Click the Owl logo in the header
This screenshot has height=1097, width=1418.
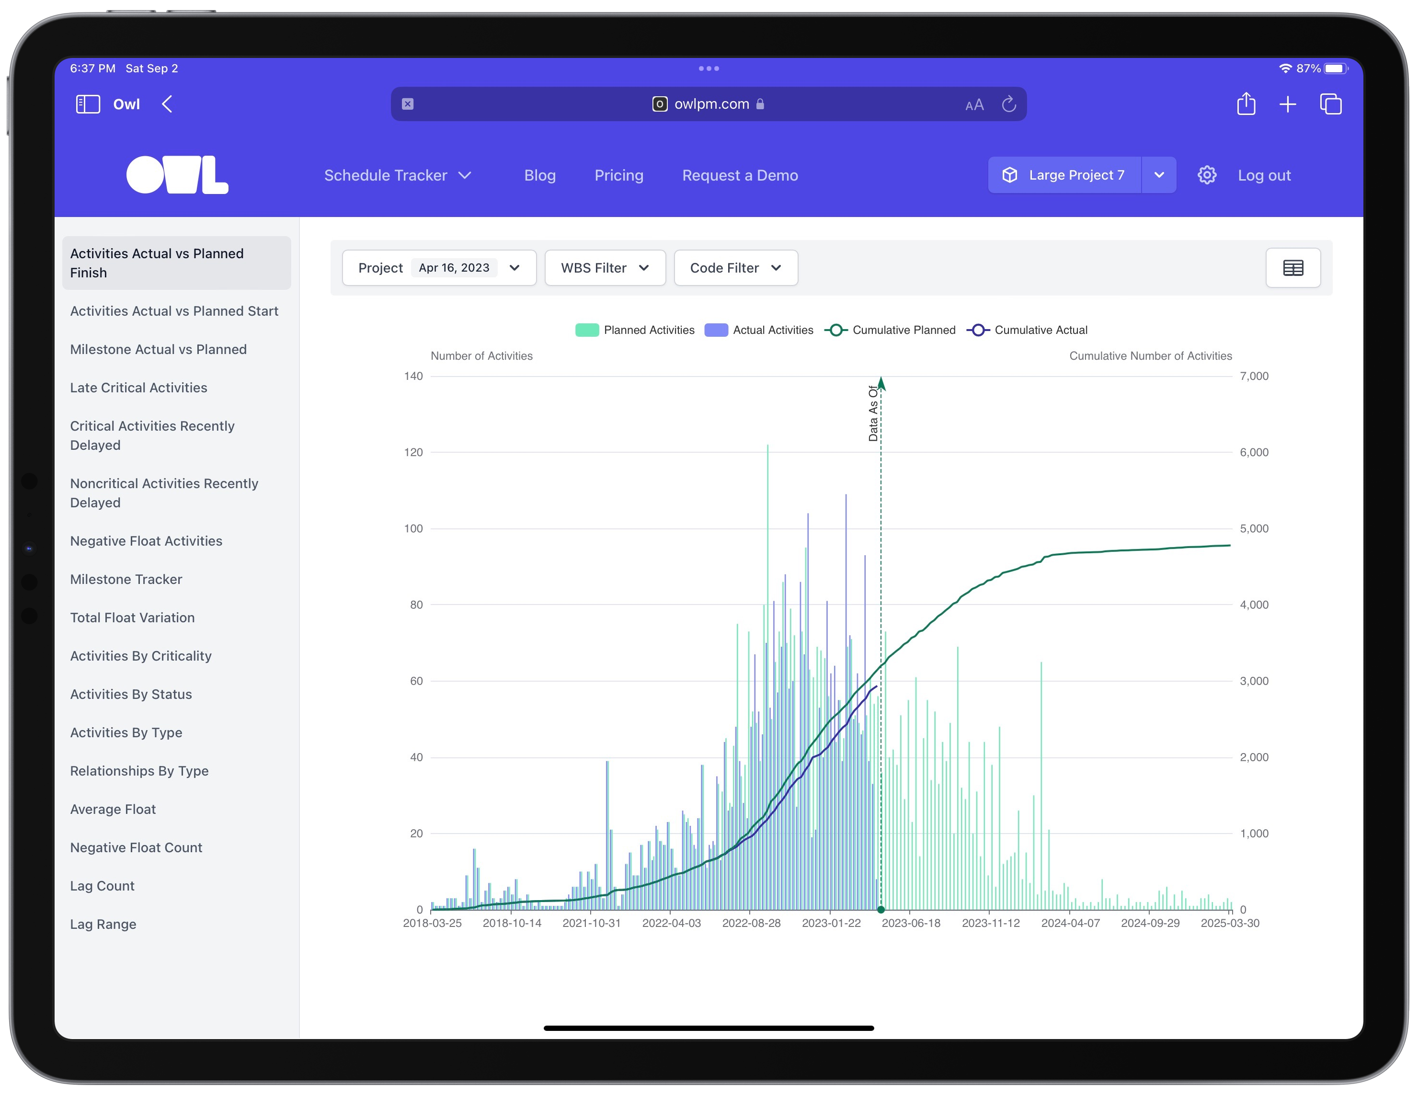pos(177,175)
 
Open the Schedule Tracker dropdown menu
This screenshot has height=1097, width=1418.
pos(397,175)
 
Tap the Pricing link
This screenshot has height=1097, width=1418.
pos(619,175)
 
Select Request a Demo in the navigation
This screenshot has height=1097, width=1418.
pos(740,175)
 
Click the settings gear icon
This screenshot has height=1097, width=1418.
pos(1206,175)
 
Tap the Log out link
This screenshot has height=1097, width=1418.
pos(1263,175)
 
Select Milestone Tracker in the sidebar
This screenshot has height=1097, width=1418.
pos(126,579)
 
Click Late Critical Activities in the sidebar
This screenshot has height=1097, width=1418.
pos(138,388)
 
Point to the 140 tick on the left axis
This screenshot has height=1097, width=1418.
pos(413,376)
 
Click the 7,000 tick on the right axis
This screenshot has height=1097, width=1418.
pos(1254,376)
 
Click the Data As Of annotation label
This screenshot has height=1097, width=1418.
pos(873,413)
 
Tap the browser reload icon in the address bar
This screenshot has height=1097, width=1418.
pos(1008,104)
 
